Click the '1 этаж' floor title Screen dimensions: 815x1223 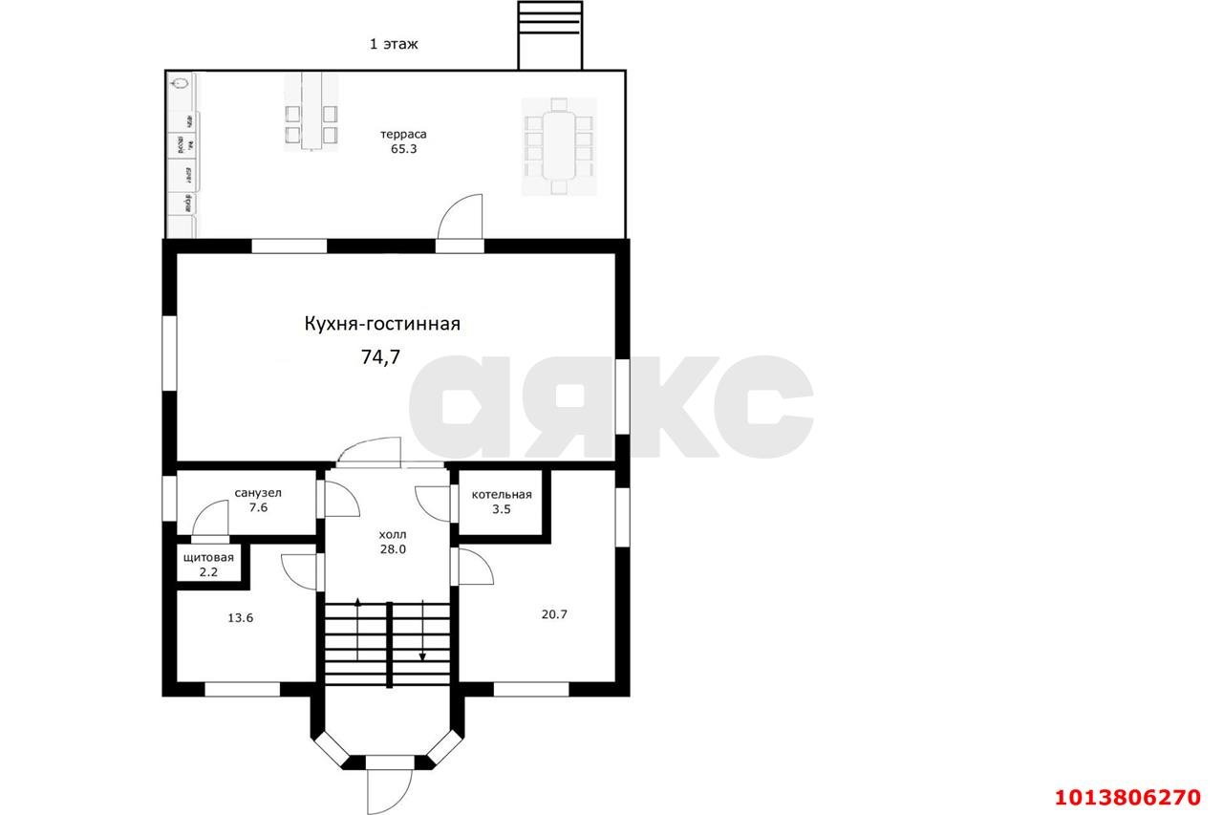[x=394, y=44]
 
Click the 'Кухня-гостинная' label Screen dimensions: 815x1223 [x=382, y=324]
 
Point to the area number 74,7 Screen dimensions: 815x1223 [x=380, y=357]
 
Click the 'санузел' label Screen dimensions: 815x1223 [x=257, y=493]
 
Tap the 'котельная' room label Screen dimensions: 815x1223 [x=502, y=494]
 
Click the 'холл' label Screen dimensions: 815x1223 [x=393, y=534]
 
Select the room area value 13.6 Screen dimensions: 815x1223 [x=240, y=618]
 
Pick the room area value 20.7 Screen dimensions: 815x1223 [x=554, y=614]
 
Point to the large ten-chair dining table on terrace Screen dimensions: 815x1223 [x=559, y=146]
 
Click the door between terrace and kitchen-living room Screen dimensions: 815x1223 [x=461, y=220]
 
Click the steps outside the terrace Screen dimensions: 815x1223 [x=549, y=34]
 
